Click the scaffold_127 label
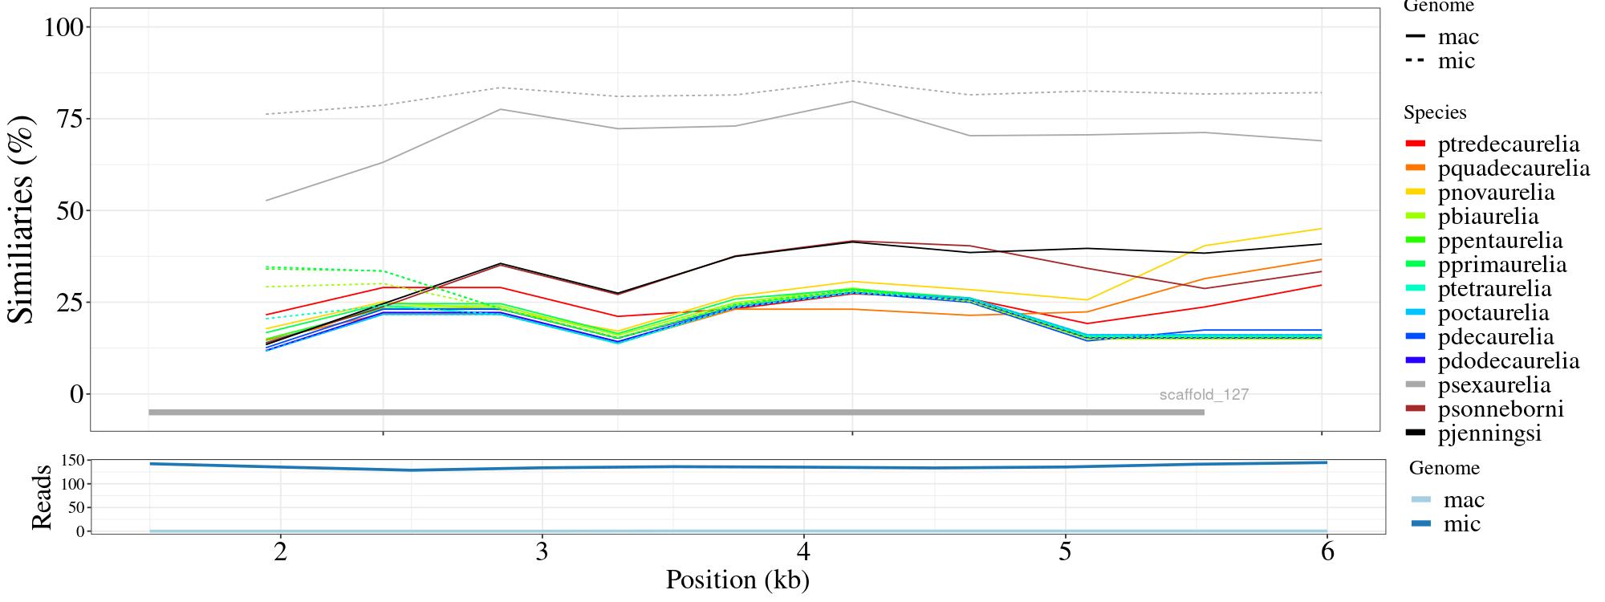(x=1204, y=395)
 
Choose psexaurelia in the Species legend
(x=1493, y=385)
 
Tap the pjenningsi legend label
(x=1489, y=433)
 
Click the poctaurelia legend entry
(x=1493, y=313)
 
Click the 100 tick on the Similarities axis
(x=63, y=27)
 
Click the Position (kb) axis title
(x=737, y=580)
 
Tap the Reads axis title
(x=42, y=497)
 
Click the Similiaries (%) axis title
(x=22, y=218)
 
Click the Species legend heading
(x=1435, y=113)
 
